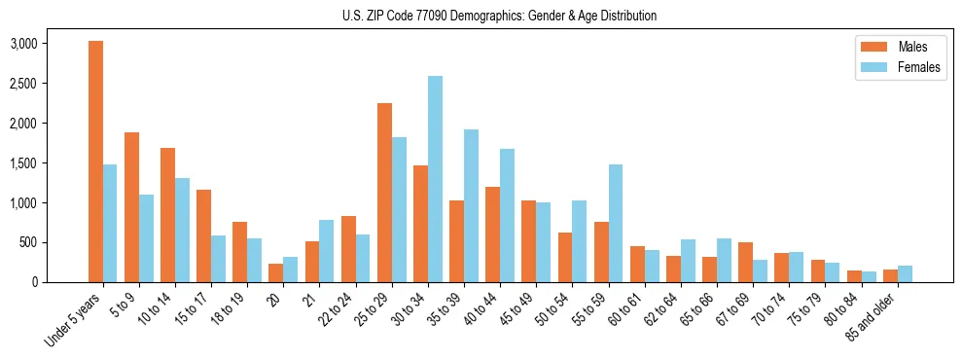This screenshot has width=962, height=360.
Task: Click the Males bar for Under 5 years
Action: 95,162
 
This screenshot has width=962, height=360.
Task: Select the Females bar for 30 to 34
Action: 435,179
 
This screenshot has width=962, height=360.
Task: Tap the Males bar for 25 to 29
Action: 384,193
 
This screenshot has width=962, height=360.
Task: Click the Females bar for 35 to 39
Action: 471,206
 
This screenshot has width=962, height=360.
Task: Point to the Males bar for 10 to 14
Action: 167,215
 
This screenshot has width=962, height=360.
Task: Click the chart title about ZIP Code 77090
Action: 499,16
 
